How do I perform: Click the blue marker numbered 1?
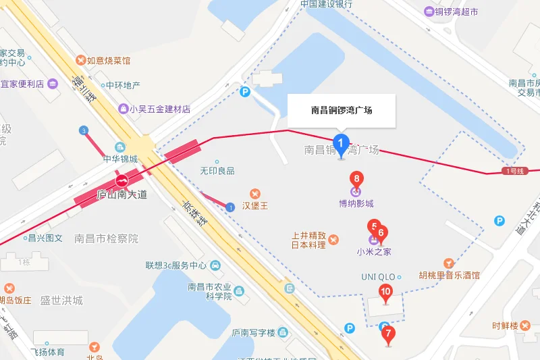coord(342,144)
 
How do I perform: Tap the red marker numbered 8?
coord(356,180)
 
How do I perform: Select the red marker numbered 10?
coord(385,293)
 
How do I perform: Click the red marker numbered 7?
coord(387,334)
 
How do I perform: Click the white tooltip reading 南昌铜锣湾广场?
coord(341,110)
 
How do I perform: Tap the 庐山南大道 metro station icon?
coord(122,180)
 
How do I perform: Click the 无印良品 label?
coord(217,171)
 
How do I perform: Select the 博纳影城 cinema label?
coord(356,203)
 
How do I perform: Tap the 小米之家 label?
coord(374,252)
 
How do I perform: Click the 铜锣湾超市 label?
coord(456,11)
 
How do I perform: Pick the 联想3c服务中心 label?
coord(175,265)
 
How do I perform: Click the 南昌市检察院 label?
coord(106,238)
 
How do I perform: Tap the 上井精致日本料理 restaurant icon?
coord(333,239)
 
